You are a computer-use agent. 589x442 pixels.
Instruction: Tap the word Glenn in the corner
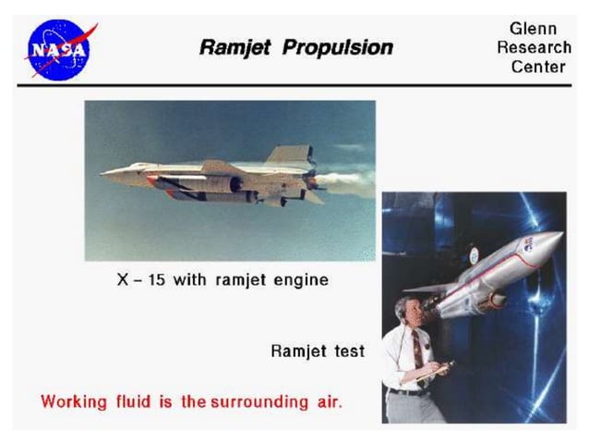(533, 29)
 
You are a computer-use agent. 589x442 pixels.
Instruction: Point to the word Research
(533, 47)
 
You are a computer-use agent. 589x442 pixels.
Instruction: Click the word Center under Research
(533, 66)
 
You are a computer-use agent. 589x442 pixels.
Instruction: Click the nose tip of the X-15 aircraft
(104, 172)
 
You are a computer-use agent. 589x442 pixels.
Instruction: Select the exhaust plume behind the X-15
(346, 183)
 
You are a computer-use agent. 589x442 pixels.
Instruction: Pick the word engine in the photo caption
(297, 279)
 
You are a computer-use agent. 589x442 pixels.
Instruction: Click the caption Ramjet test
(317, 350)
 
